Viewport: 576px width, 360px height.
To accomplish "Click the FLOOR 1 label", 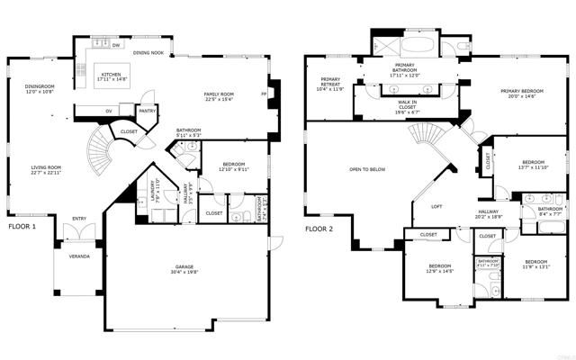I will tap(22, 228).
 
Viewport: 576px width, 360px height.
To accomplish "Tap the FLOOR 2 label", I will tap(319, 229).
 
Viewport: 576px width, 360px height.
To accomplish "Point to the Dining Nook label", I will tap(148, 52).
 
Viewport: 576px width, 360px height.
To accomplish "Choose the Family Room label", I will tap(220, 95).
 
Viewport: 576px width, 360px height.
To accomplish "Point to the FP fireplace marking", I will tap(264, 93).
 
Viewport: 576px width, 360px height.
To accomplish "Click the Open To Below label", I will tap(368, 169).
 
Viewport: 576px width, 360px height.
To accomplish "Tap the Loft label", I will tap(436, 206).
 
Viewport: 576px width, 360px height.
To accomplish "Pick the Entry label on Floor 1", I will tap(80, 217).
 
